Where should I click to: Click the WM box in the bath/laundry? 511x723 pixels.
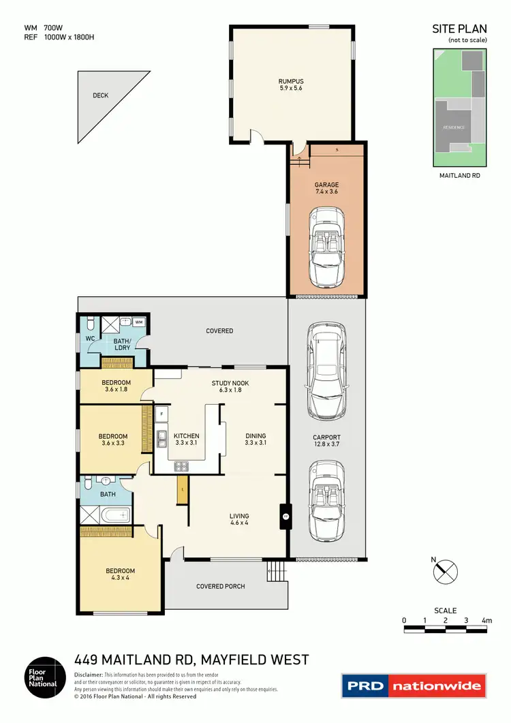(x=138, y=322)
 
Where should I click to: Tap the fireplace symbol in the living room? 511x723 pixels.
(x=285, y=517)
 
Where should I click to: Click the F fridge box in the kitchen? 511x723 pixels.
(x=162, y=414)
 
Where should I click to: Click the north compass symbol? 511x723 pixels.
(x=446, y=570)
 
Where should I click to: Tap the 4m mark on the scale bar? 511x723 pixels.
(x=486, y=620)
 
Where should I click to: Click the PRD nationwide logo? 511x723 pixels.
(x=414, y=686)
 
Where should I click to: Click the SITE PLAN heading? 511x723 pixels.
(x=459, y=29)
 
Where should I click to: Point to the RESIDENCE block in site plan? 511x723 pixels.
(x=454, y=127)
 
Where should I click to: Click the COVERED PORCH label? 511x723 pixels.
(x=220, y=586)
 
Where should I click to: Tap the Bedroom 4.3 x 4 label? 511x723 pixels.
(x=120, y=574)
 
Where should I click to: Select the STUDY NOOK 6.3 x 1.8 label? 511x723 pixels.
(x=230, y=387)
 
